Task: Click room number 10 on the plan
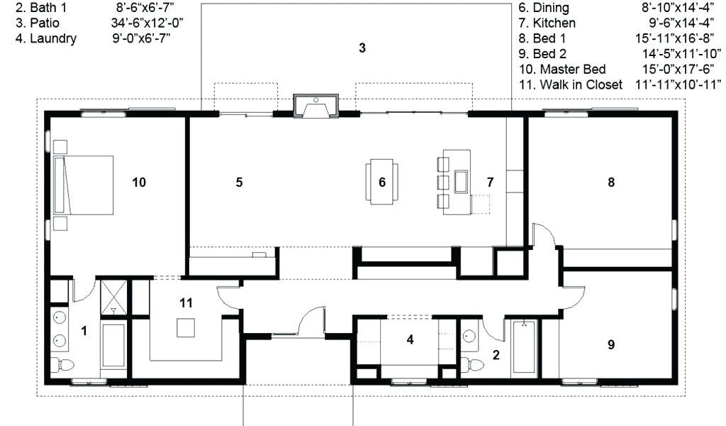pos(139,182)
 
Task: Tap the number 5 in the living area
pos(239,182)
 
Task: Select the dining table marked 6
pos(382,182)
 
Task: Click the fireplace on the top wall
pos(315,106)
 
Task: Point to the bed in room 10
pos(84,185)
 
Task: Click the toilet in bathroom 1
pos(62,364)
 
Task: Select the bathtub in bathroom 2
pos(524,346)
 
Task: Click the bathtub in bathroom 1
pos(113,345)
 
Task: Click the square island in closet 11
pos(186,328)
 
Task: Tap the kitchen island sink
pos(461,181)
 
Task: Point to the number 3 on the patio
pos(362,48)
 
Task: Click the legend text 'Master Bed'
pos(573,69)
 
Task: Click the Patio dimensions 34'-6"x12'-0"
pos(147,23)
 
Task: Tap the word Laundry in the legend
pos(53,38)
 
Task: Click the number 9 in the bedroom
pos(611,344)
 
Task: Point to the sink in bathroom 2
pos(469,336)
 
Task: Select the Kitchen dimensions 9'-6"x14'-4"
pos(681,23)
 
